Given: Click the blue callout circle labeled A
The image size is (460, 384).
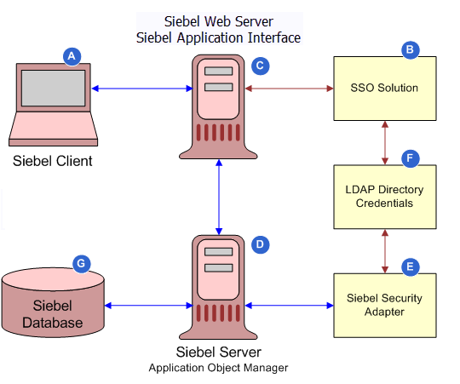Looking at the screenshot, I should tap(72, 55).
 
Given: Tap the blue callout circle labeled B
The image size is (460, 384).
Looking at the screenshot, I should tap(411, 50).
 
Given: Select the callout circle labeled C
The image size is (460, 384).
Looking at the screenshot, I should tap(261, 64).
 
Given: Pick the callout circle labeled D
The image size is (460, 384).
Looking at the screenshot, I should tap(261, 244).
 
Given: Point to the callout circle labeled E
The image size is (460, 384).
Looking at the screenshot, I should tap(411, 267).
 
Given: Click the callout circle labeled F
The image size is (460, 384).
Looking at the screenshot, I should tap(411, 158).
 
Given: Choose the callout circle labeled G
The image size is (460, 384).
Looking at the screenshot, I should tap(81, 265).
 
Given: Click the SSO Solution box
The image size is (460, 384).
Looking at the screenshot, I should tap(384, 88).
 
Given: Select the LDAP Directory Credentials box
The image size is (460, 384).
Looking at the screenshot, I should tap(384, 197).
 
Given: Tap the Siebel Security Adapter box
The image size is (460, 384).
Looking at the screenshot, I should tap(384, 305).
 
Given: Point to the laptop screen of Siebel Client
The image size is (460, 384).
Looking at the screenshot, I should tap(53, 90).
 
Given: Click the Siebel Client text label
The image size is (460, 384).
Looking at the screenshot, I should tap(52, 161).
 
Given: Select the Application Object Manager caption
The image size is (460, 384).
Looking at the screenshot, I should tap(219, 368).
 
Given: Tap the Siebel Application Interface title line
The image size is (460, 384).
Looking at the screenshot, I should tap(218, 37).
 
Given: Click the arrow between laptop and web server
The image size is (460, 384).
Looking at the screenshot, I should tap(141, 88).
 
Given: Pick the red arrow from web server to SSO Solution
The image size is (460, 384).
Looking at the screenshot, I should tap(290, 88).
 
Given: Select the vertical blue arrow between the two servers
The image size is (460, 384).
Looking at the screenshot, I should tap(220, 197).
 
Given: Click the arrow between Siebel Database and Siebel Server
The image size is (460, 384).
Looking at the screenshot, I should tap(150, 305).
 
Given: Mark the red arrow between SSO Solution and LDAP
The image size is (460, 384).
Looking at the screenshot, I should tap(385, 141).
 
